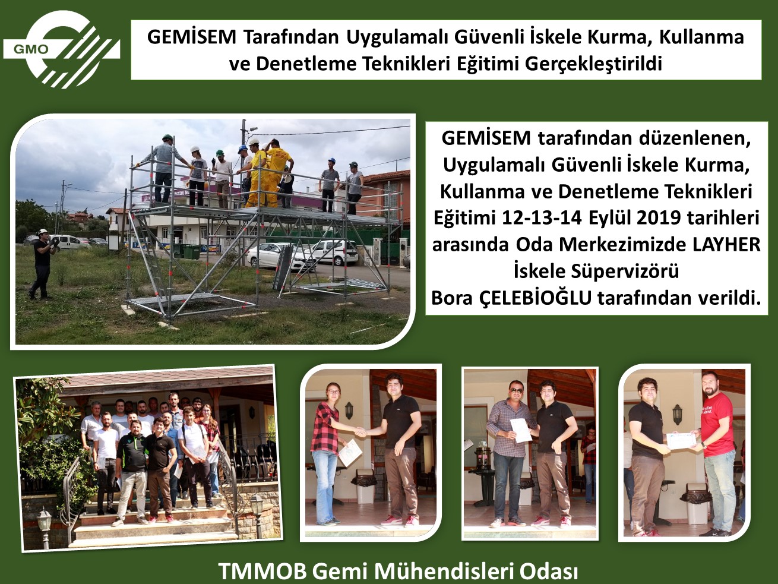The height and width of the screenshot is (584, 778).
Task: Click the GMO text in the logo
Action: (x=31, y=49)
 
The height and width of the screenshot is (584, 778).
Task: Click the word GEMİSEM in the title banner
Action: (x=192, y=37)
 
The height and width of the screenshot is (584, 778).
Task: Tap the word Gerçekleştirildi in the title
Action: (x=593, y=65)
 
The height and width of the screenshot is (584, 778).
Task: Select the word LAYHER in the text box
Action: (x=726, y=245)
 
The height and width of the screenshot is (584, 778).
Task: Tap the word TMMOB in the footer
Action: (x=263, y=572)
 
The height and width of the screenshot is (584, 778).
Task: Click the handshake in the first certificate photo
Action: (x=361, y=432)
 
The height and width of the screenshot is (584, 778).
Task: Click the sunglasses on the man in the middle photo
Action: (x=516, y=390)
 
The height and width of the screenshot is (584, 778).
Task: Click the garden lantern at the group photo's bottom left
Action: (x=45, y=524)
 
